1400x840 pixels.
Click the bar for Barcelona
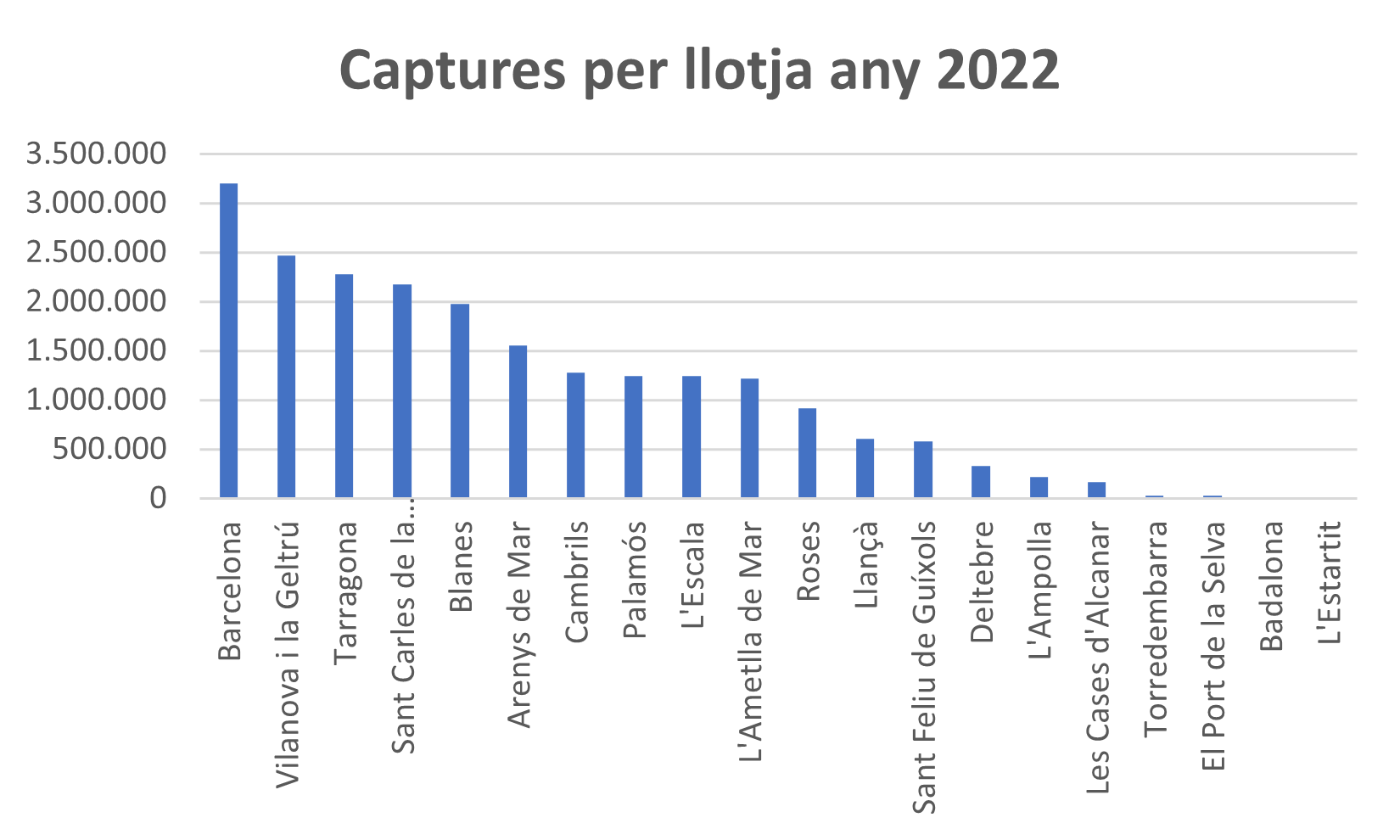click(x=229, y=339)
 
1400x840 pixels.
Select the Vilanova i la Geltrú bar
click(x=287, y=376)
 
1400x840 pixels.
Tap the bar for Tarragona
click(x=344, y=385)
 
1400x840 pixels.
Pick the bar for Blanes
click(x=460, y=400)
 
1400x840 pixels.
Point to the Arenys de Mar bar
click(x=518, y=421)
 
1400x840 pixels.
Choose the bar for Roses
click(x=808, y=452)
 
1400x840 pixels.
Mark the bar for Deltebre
click(x=981, y=481)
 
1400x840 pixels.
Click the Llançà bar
click(x=865, y=468)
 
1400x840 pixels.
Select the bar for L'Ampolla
click(x=1039, y=487)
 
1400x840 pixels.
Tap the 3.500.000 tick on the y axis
click(x=96, y=154)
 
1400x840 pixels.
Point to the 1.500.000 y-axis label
click(x=96, y=351)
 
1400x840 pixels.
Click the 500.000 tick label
click(x=109, y=450)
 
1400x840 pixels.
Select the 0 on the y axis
click(x=159, y=499)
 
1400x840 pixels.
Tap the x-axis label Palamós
click(x=635, y=579)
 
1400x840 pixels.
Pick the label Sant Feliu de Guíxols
click(x=924, y=667)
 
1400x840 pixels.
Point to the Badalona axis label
click(x=1272, y=585)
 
